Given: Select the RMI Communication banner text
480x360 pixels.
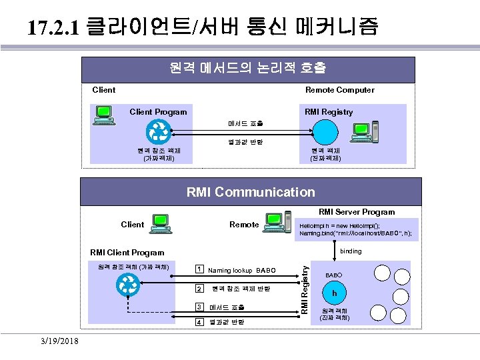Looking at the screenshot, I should (251, 193).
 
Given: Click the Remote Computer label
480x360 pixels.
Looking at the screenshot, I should (339, 90).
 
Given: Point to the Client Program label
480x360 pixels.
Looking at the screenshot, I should (158, 112).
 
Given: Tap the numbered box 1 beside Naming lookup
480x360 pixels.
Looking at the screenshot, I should (199, 269).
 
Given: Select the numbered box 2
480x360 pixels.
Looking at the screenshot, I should (199, 289).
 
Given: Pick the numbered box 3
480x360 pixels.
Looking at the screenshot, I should (199, 307).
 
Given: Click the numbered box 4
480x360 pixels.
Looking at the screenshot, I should (199, 323).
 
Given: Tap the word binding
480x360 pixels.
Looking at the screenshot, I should (351, 251).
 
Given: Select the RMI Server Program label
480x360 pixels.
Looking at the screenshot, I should (356, 212).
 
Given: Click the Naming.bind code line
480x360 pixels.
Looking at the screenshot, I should (355, 234).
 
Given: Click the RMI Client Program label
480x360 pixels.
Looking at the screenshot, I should (127, 252).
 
